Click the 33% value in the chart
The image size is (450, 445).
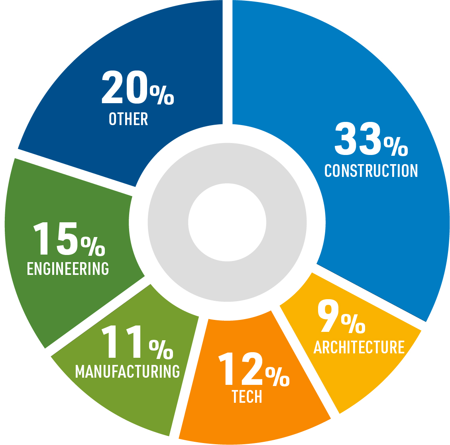(371, 139)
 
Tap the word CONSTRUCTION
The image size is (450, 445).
(371, 171)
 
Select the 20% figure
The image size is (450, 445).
(138, 87)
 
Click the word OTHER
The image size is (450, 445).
(128, 119)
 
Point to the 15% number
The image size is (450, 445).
(69, 239)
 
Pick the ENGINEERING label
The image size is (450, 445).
(68, 269)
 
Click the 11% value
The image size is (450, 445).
(138, 342)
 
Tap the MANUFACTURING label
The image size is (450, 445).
(128, 371)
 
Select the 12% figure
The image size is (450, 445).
(253, 370)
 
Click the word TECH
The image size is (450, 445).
(247, 397)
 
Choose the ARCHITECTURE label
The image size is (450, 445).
(359, 347)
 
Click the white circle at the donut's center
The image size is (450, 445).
(227, 222)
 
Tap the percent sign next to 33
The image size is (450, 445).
(396, 146)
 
